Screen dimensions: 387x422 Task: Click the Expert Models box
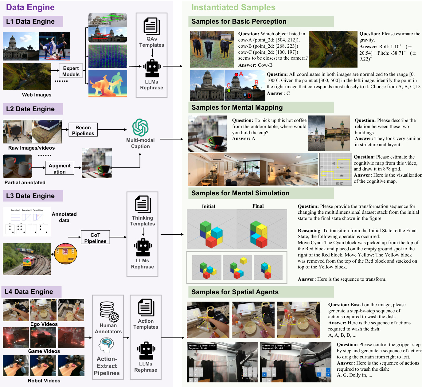tap(71, 71)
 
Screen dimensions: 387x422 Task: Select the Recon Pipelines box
tap(83, 130)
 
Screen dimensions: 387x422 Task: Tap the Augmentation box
tap(60, 168)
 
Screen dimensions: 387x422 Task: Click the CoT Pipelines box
tap(95, 238)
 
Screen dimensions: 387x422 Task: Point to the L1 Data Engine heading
tap(30, 21)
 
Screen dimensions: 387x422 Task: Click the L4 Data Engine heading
tap(29, 292)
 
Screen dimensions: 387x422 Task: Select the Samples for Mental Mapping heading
tap(237, 107)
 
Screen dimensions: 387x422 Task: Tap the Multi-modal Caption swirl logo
tap(140, 127)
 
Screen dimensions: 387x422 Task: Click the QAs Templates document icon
tap(152, 26)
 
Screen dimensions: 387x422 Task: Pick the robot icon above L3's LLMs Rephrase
tap(143, 247)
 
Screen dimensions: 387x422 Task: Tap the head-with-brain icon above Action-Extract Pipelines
tap(106, 346)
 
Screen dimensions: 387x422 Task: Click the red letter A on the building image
tap(241, 74)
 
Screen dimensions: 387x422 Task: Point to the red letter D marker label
tap(249, 96)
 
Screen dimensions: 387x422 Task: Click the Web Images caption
tap(37, 95)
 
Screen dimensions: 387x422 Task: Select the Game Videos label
tap(44, 351)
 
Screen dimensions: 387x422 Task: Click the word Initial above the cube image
tap(209, 206)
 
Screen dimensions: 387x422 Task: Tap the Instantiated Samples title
tap(233, 7)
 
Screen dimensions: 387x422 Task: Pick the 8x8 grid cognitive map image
tap(336, 169)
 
